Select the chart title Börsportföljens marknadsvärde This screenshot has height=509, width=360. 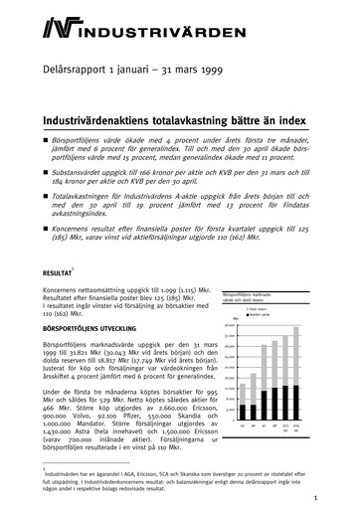click(x=253, y=294)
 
